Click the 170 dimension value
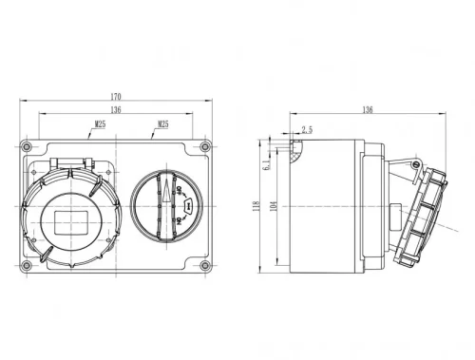pos(116,95)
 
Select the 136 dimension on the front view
pos(116,109)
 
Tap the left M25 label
pos(100,123)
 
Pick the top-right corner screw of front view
pos(204,148)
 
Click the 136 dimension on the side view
pos(367,110)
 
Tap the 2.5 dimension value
pos(306,129)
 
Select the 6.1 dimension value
pos(269,165)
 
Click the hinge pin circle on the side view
pos(415,165)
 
